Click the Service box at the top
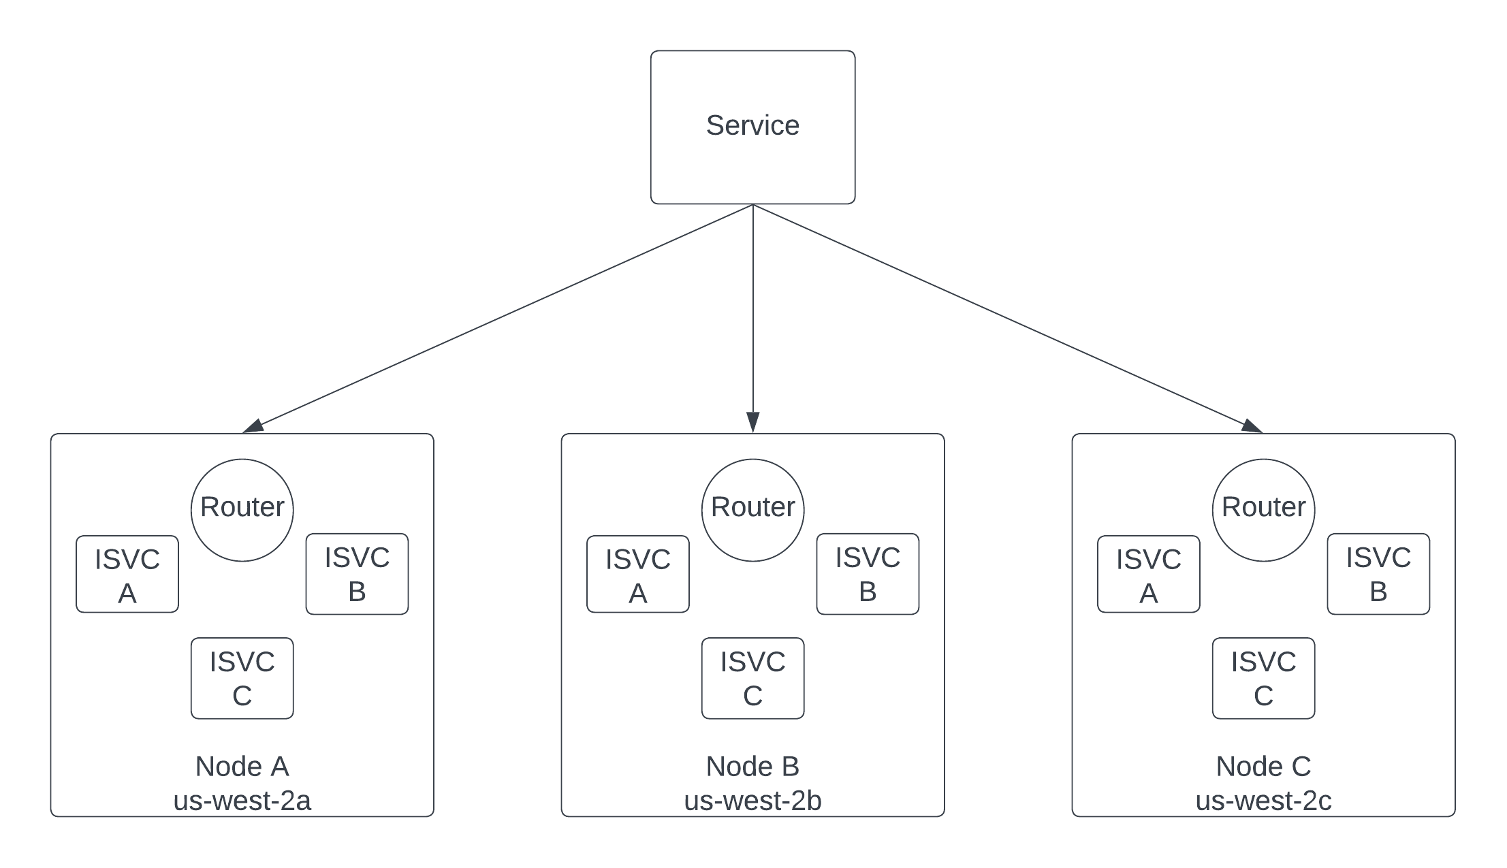point(752,127)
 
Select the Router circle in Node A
point(242,510)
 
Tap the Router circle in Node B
point(752,510)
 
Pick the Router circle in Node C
point(1263,510)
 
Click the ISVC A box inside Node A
point(127,574)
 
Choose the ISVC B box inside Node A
point(357,574)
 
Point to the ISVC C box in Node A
point(242,678)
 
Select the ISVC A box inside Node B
point(638,574)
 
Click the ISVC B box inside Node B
point(868,574)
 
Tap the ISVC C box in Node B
point(752,678)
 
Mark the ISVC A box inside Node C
point(1149,574)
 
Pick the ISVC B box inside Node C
point(1378,574)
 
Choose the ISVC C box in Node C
point(1263,678)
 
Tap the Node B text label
point(752,767)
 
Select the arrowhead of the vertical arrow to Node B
point(752,421)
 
